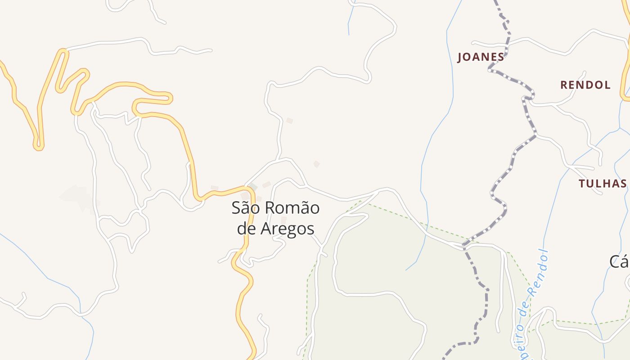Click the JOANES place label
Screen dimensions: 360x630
point(481,57)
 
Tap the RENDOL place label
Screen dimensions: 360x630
point(585,85)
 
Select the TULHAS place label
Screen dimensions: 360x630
point(603,183)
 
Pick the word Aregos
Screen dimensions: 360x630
point(288,229)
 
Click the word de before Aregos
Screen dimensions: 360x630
point(247,229)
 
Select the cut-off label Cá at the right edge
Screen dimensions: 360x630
point(620,261)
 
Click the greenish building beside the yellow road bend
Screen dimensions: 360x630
point(253,187)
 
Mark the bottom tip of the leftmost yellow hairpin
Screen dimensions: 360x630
point(39,147)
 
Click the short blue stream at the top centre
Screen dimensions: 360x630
point(349,18)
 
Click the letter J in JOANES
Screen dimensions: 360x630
point(460,58)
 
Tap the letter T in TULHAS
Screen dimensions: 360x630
point(581,183)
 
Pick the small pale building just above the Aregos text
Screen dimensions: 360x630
point(283,219)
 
